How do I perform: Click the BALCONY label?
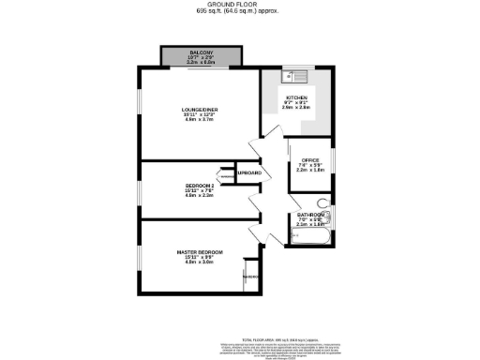coord(202,51)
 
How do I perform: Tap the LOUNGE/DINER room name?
coord(200,110)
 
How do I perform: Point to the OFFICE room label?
coord(309,159)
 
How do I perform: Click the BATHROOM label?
coord(310,215)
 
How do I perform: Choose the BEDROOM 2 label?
coord(201,186)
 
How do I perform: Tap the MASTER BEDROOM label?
coord(200,252)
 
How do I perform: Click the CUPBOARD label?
coord(248,173)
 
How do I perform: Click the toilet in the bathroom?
coord(323,203)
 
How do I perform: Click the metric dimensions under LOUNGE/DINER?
coord(200,121)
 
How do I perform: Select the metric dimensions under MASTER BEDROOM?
coord(200,262)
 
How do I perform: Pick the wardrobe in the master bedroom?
coord(249,277)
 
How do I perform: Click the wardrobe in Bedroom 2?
coord(226,174)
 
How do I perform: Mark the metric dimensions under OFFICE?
coord(309,171)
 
